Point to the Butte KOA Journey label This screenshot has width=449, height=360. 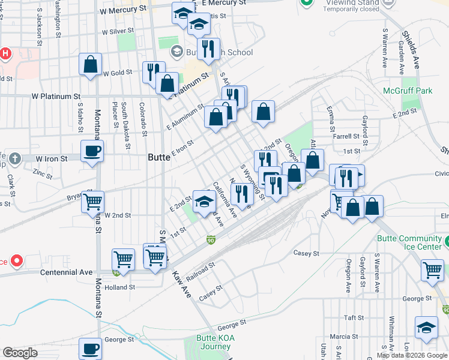pos(213,341)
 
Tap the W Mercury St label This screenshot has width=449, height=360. pos(123,10)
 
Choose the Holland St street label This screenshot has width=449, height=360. pos(119,287)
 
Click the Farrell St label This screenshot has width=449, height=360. pos(346,136)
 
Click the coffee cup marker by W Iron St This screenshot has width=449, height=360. pos(92,151)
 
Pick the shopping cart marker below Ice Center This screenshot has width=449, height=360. pos(432,269)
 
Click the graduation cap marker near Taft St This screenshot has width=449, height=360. pos(426,327)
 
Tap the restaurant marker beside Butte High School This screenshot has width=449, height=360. pos(208,49)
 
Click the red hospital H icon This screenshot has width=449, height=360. pos(5,53)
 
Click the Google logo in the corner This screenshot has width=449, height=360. pos(20,353)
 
